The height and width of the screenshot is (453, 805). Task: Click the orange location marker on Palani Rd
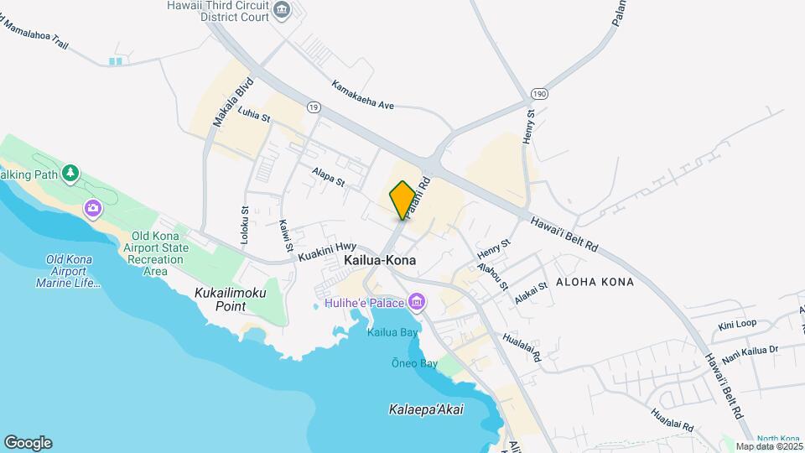coord(402,200)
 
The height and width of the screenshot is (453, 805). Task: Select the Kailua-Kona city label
coord(380,261)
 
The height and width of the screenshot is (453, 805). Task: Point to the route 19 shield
coord(314,107)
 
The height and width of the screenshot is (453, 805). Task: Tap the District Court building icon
coord(281,11)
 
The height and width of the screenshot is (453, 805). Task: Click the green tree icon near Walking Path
coord(71,174)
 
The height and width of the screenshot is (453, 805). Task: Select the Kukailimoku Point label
coord(231,300)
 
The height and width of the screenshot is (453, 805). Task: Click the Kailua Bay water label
coord(392,331)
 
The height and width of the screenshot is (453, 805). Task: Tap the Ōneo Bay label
coord(415,363)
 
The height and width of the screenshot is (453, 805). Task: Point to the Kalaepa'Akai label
coord(426,409)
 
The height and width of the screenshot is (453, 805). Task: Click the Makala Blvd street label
coord(221,103)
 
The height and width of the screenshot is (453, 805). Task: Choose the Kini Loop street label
coord(737,324)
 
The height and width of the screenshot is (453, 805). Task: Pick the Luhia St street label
coord(254,114)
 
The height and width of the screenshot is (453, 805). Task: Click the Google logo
coord(28,442)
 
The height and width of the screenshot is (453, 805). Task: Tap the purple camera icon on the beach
coord(92,207)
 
